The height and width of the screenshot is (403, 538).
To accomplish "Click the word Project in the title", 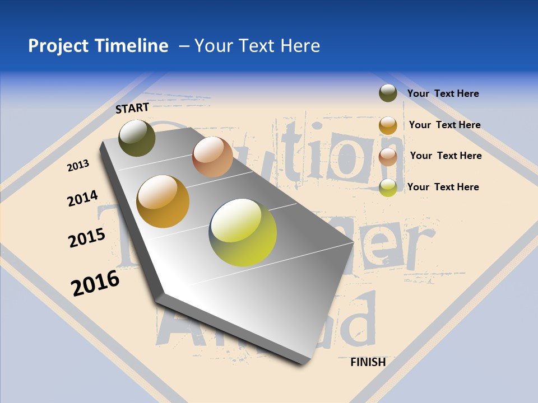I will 59,46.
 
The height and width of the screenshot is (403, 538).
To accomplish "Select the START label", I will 132,108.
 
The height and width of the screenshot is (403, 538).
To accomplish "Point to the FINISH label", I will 368,362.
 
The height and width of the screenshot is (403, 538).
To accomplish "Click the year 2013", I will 78,165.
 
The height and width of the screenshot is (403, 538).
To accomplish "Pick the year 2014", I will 82,198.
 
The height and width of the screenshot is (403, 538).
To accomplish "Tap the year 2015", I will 87,237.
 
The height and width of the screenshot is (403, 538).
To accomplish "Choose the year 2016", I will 95,283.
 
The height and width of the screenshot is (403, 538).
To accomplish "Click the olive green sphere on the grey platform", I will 137,138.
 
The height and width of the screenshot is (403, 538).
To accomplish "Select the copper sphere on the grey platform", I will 212,157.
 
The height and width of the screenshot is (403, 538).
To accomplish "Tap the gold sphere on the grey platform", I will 163,201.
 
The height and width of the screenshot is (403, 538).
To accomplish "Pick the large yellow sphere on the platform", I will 243,232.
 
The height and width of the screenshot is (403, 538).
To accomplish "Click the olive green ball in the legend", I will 388,93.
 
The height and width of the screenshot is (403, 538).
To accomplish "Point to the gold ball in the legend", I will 388,125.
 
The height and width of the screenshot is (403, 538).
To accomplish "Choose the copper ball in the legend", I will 388,157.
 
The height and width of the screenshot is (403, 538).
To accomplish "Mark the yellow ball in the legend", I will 388,188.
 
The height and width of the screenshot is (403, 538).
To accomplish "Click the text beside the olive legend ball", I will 443,93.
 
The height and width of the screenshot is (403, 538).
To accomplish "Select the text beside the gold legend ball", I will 444,125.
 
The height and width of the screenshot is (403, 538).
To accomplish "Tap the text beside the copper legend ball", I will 446,156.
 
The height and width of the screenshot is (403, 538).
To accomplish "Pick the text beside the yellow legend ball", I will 443,187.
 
